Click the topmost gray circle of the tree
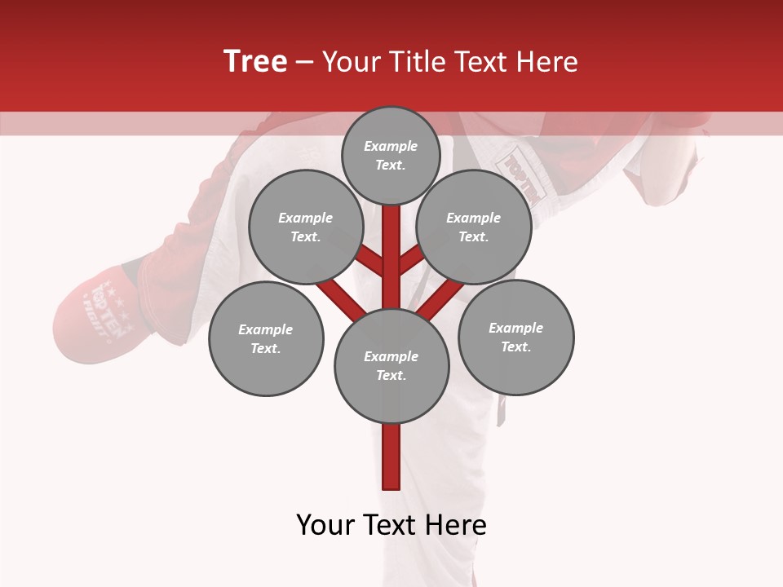point(391,155)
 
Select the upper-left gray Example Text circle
point(305,227)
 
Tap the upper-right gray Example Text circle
point(474,227)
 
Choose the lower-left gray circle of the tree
point(266,338)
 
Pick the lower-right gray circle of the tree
point(515,337)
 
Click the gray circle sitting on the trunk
point(391,365)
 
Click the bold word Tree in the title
point(255,61)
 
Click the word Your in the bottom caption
point(326,525)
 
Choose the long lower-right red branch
point(440,297)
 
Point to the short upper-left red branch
point(369,261)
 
